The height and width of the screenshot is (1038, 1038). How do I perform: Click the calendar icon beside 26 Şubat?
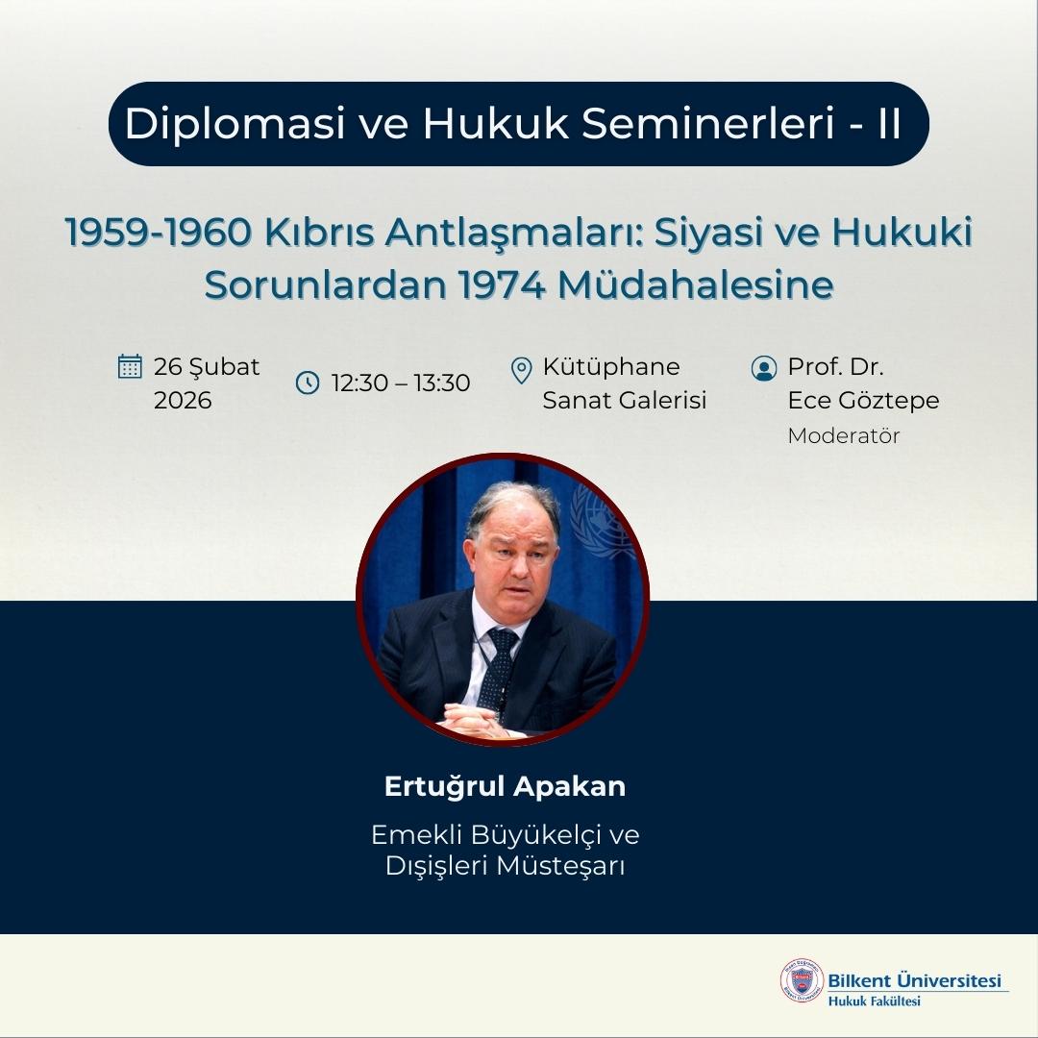pos(130,366)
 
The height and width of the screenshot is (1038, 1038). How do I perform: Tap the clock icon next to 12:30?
pos(307,383)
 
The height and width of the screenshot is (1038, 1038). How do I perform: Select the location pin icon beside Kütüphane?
pos(521,368)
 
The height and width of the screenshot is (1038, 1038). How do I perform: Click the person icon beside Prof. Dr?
pos(764,368)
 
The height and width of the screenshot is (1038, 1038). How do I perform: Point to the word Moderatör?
pos(843,435)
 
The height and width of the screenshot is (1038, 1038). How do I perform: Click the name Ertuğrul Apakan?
pos(505,786)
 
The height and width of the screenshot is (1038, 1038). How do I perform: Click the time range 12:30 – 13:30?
pos(401,383)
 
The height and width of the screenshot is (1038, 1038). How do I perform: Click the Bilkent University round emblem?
pos(802,982)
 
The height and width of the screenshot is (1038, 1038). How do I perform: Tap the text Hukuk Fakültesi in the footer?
pos(874,1001)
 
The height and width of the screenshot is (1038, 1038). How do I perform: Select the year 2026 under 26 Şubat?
pos(183,400)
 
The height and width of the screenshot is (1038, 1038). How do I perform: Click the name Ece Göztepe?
pos(863,400)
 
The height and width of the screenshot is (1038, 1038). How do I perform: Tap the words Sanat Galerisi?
pos(624,400)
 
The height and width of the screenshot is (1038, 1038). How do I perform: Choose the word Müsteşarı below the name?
pos(557,865)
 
